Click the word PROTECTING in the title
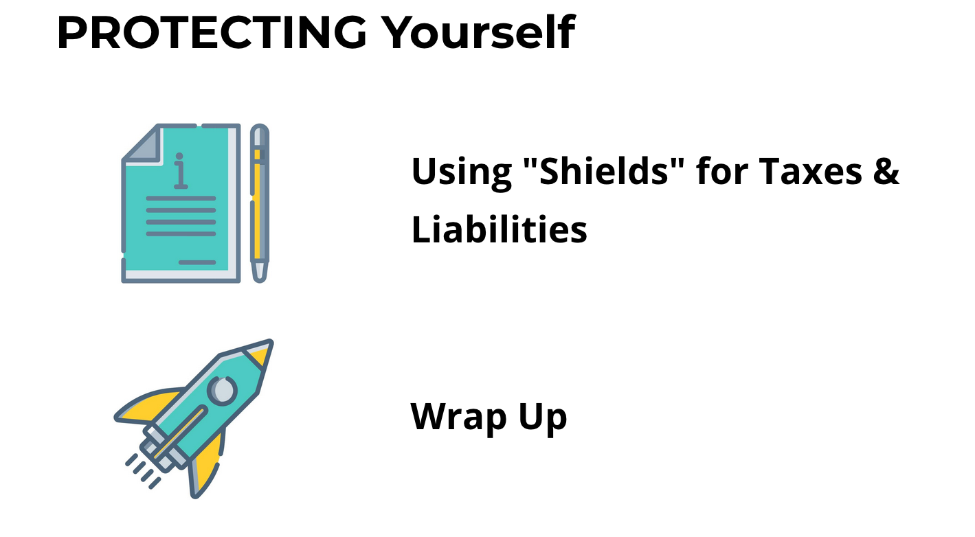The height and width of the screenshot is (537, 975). [212, 32]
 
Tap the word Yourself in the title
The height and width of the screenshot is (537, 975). [480, 32]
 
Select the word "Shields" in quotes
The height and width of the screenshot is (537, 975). [603, 170]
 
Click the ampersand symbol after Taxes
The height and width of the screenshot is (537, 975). [886, 171]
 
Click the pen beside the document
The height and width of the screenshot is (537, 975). [260, 203]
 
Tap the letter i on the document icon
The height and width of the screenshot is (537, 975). [180, 171]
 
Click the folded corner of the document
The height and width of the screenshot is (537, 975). [144, 144]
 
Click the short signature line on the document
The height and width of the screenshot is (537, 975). [197, 262]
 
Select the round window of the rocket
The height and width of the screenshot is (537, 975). [223, 390]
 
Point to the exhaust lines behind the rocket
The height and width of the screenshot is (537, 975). [142, 471]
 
